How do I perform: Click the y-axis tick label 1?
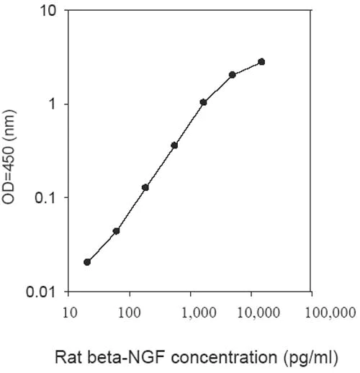54,104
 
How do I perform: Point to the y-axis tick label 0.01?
45,292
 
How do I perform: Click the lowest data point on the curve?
87,262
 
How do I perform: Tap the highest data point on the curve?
261,62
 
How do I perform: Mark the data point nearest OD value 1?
203,102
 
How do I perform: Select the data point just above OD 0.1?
145,187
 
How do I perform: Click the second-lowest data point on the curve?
116,231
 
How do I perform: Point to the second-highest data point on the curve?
233,75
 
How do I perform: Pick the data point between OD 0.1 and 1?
174,145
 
